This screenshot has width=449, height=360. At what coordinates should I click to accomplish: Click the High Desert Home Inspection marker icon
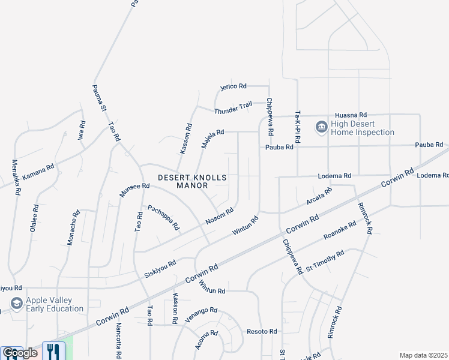coord(321,127)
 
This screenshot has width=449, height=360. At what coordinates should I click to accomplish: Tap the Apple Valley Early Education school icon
coord(16,304)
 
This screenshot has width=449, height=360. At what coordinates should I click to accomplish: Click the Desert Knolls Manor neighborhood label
coord(193,182)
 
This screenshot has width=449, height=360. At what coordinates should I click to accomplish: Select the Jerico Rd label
coord(234,86)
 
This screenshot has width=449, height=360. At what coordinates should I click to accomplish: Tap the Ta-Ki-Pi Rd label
coord(297,127)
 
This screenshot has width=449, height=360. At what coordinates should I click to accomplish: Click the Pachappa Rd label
coord(164,217)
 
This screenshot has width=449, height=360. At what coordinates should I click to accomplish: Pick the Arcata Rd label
coord(319,196)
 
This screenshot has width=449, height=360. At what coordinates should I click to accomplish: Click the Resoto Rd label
coord(262,331)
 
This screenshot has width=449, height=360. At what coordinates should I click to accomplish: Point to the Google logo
coord(20,353)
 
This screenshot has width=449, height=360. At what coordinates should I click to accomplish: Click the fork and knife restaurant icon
coord(55,350)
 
